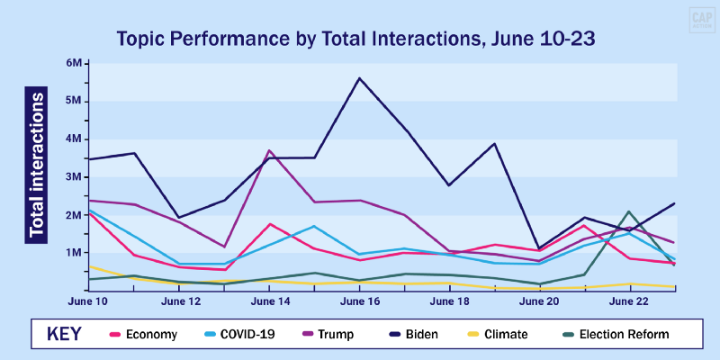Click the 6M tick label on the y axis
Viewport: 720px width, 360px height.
tap(75, 63)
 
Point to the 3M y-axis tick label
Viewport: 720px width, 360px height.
tap(75, 176)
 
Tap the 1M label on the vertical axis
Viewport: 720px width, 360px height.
tap(75, 253)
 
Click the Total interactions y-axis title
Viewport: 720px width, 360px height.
tap(37, 164)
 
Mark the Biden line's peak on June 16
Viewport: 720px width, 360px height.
tap(360, 78)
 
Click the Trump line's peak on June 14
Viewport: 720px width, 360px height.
tap(269, 150)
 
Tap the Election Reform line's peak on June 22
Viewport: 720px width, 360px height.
tap(629, 211)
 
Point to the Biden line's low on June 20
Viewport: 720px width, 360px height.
tap(539, 247)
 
